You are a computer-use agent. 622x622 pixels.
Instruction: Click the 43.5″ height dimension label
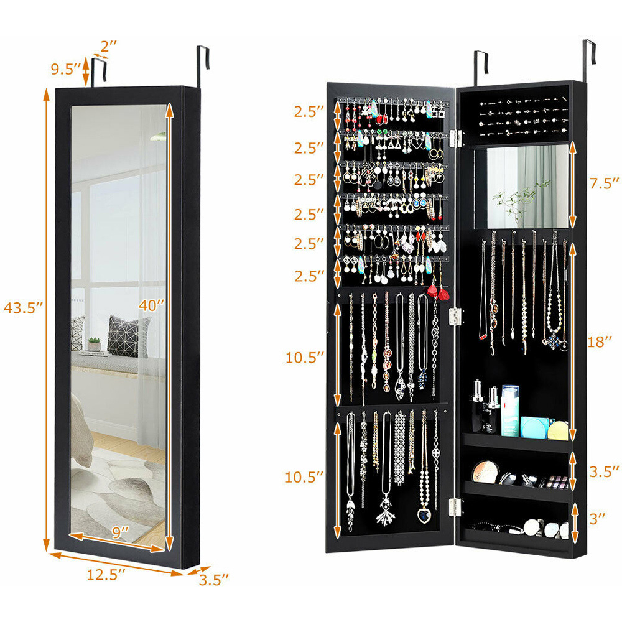24,307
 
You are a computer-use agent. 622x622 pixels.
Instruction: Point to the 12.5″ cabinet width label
106,574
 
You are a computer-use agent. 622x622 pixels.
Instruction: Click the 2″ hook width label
108,47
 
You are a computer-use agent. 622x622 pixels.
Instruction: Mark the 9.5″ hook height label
66,69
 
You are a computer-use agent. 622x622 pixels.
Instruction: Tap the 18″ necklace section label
600,342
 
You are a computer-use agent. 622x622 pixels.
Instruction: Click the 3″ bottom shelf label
597,518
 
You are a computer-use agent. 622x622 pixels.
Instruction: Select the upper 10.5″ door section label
305,358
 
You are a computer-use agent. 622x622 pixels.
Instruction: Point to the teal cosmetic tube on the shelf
510,411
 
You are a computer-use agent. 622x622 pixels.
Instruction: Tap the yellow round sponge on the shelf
559,430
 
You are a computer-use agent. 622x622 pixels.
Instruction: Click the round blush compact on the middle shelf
485,472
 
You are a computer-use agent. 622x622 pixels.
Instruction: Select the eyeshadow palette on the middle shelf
557,483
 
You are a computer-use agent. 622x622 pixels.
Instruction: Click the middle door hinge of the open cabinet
455,317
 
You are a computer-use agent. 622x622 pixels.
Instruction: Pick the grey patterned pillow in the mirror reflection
128,336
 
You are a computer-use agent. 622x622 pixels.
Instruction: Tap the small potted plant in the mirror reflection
95,344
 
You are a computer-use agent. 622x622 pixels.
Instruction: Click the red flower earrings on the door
439,292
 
